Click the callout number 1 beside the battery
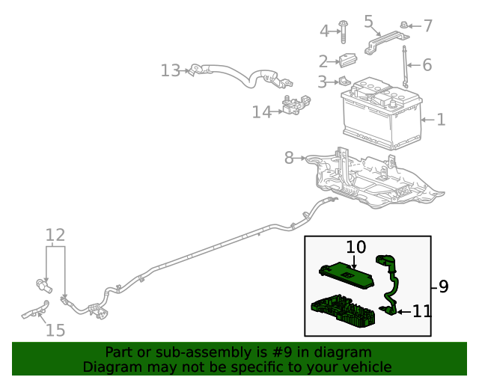coord(441,120)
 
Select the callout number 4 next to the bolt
coord(324,31)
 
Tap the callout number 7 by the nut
coord(427,26)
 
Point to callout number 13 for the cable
coord(170,71)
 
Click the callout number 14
coord(261,112)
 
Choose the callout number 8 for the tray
coord(290,158)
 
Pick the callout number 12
coord(55,236)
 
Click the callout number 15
coord(55,330)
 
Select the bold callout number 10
coord(356,247)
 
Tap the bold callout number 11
coord(422,310)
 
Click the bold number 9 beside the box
coord(443,287)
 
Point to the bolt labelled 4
coord(343,29)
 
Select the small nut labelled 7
coord(403,26)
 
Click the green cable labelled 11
coord(392,281)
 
